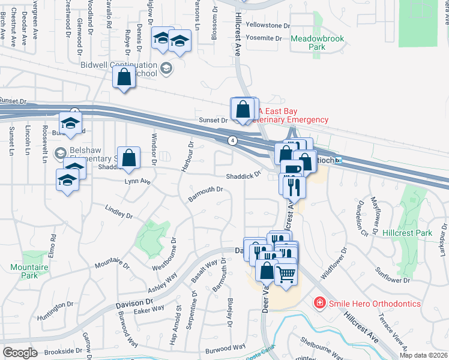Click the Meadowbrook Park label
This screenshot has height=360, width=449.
317,43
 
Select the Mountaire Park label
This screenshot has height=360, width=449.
24,271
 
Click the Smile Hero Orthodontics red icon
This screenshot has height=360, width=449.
321,304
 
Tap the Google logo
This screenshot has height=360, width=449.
20,353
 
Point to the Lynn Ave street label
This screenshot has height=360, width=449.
137,181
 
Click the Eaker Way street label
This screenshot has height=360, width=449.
149,309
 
